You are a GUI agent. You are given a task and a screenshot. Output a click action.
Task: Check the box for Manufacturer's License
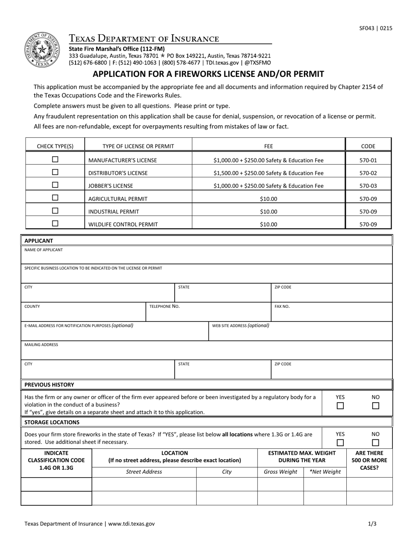click(55, 160)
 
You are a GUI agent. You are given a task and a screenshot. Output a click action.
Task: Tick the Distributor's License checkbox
click(55, 173)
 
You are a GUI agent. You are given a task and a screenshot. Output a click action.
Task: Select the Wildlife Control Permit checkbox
click(55, 223)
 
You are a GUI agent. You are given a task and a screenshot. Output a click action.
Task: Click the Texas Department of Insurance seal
click(42, 50)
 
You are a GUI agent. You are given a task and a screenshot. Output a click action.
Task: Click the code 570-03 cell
click(368, 186)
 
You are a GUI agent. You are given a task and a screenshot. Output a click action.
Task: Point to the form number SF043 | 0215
click(375, 28)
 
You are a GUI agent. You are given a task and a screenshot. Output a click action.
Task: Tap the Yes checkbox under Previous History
click(340, 406)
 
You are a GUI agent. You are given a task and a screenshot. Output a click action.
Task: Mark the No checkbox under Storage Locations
click(375, 443)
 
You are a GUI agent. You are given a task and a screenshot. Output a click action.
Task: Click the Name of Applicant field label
click(43, 250)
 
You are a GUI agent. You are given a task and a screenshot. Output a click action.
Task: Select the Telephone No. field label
click(165, 306)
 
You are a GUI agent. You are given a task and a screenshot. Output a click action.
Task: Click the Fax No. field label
click(282, 306)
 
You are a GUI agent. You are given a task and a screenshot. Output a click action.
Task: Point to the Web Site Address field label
click(241, 326)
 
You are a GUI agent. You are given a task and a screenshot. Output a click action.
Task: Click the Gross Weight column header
click(280, 472)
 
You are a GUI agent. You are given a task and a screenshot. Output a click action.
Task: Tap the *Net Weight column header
click(325, 472)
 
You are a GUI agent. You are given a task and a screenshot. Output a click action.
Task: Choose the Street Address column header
click(144, 472)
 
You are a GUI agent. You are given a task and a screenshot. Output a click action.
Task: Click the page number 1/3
click(372, 524)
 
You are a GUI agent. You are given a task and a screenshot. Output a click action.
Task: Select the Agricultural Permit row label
click(118, 199)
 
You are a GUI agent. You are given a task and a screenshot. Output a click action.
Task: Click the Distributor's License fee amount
click(268, 173)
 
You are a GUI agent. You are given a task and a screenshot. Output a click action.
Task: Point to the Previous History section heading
click(49, 385)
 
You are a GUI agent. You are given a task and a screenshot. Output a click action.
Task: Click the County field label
click(32, 306)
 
